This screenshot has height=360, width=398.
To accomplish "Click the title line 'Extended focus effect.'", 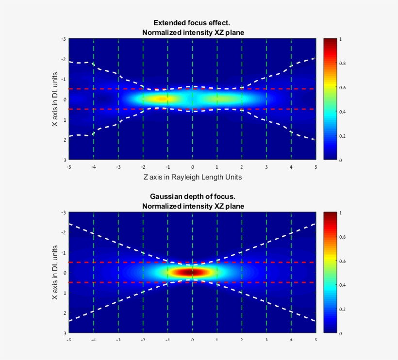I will pos(193,23).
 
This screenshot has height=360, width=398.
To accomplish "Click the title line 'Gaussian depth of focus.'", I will pos(193,196).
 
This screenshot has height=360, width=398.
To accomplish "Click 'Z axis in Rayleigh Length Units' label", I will pos(193,178).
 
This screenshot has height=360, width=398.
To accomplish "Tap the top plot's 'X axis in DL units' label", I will pos(55,99).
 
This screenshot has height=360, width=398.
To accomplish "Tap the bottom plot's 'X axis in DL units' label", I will pos(55,273).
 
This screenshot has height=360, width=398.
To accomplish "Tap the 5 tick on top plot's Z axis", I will pos(316,166).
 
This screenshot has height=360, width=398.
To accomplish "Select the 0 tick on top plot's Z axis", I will pos(193,166).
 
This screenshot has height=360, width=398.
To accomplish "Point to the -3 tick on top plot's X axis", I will pos(64,39).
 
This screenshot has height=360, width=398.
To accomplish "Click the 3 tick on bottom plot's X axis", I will pos(64,333).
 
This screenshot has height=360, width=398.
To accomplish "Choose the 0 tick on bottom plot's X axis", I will pos(64,273).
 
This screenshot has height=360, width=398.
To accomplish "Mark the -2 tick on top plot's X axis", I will pos(64,59).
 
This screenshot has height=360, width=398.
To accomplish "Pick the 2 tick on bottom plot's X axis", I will pos(64,313).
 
